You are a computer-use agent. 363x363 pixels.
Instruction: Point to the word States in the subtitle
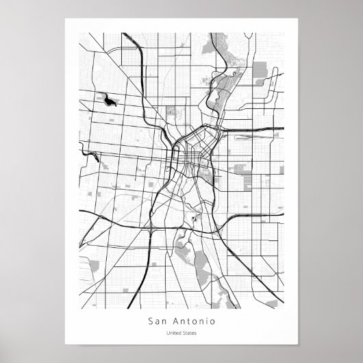(x=188, y=334)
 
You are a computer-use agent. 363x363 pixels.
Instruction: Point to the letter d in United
(x=179, y=334)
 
